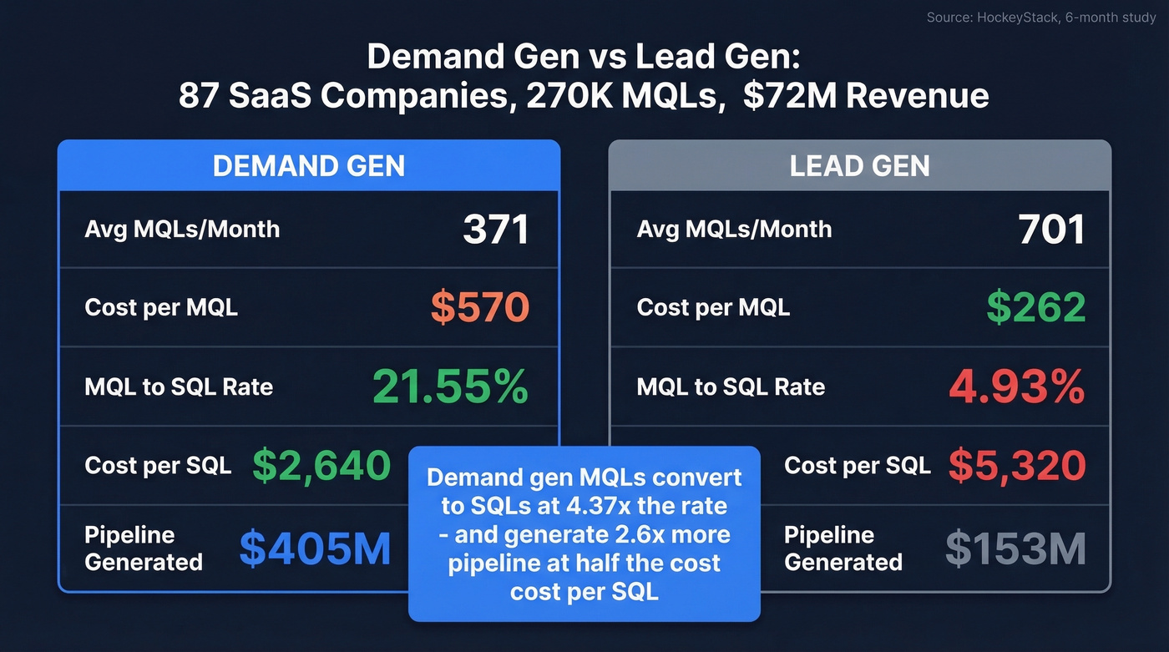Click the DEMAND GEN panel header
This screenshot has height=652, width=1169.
308,165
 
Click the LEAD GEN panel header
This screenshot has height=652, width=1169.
859,165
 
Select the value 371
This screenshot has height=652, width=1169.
495,230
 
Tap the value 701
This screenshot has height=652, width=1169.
1051,230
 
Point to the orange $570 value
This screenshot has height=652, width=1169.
479,307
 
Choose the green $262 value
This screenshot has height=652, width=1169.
1035,307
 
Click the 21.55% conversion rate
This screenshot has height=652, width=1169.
450,387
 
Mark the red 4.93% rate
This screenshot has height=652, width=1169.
1016,387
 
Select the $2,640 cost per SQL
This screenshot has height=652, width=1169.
321,466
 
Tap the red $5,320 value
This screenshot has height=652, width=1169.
1016,466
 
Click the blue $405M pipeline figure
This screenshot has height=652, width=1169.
315,548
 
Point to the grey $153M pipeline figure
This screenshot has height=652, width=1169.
1015,548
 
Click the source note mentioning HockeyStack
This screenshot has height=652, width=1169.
1040,18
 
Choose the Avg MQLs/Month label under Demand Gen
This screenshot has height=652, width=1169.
182,230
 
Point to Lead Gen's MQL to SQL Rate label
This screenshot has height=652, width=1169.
731,387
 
